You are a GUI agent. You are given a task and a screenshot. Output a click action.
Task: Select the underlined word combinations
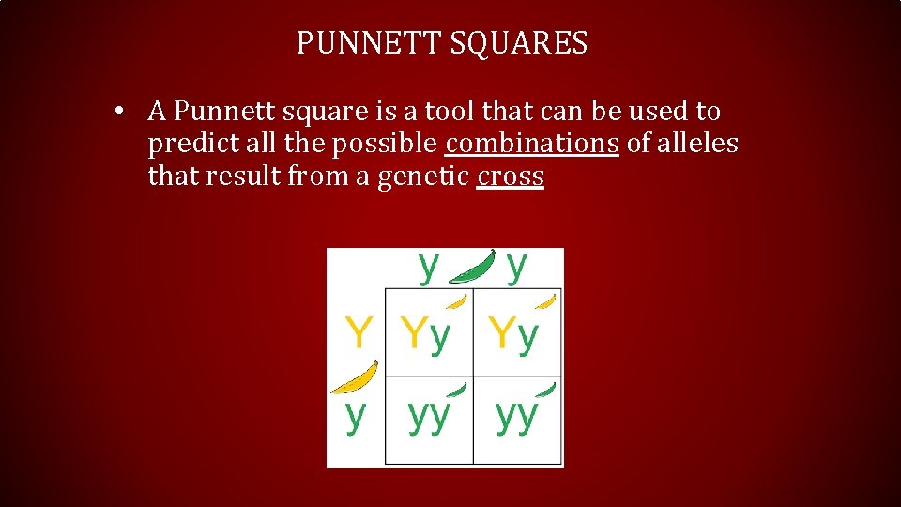(x=532, y=144)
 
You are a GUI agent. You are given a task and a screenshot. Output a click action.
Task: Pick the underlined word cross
(x=510, y=176)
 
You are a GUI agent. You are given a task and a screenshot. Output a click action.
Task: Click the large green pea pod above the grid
(x=474, y=266)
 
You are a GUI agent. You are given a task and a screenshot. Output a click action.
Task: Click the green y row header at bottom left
(x=355, y=414)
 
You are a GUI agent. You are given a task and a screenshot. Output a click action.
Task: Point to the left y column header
(x=428, y=266)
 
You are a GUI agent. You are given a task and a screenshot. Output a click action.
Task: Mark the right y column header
(x=516, y=266)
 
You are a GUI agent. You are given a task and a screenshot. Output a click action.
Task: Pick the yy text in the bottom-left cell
(x=428, y=416)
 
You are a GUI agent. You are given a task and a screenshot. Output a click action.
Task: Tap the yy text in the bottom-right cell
(x=517, y=416)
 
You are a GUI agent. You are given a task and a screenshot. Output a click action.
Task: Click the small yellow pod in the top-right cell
(x=545, y=301)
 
